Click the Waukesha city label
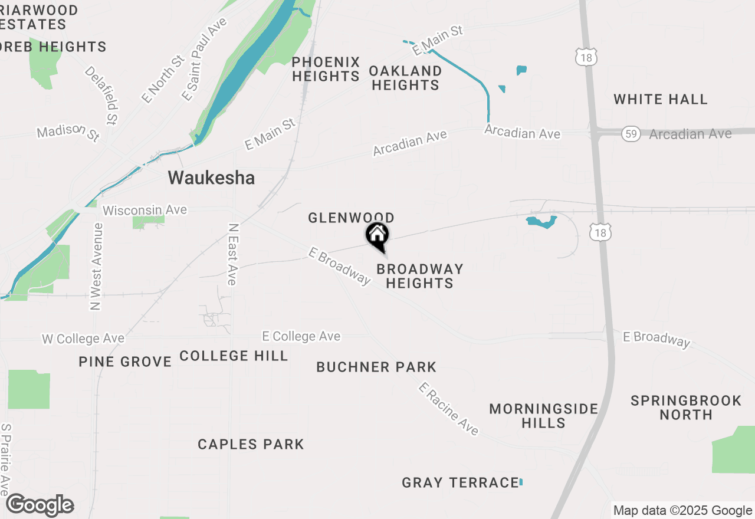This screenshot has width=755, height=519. (211, 178)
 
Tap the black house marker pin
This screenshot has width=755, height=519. (377, 236)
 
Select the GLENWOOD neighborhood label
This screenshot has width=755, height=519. (351, 218)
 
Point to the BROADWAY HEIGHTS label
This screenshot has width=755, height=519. (419, 276)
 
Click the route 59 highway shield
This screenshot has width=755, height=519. (631, 134)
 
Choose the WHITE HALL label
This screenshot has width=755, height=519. (660, 99)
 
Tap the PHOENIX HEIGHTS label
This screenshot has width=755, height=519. (326, 69)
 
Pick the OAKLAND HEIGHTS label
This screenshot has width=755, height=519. (406, 78)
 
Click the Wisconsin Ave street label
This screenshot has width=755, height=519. (145, 210)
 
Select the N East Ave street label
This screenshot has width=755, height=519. (232, 255)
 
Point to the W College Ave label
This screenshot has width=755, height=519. (83, 339)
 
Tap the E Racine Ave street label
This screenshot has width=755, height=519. (448, 409)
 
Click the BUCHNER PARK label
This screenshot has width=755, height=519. (376, 367)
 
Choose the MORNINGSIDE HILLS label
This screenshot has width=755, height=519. (543, 416)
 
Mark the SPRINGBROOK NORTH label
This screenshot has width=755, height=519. (686, 408)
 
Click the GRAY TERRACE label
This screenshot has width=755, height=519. (460, 483)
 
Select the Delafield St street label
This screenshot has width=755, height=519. (102, 96)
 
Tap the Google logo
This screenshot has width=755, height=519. (40, 505)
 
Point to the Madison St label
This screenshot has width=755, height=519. (68, 132)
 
